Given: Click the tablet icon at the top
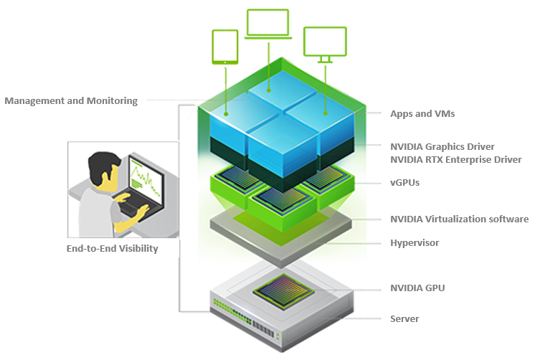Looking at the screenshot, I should [x=225, y=47].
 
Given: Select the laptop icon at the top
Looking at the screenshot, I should [x=267, y=24].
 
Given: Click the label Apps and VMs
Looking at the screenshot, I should [x=422, y=113].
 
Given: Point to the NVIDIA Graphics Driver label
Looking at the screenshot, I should [x=442, y=146].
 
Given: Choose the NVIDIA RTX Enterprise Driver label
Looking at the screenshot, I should [x=455, y=159].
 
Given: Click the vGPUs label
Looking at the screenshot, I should [x=404, y=183].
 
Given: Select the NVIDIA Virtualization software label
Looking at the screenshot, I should [x=459, y=219].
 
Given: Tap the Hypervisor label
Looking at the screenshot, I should [x=415, y=242].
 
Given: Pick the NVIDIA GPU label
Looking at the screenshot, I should [x=418, y=288].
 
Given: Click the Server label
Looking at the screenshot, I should [x=404, y=318].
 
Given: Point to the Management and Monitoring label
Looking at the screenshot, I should [x=70, y=100].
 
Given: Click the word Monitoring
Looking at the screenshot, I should [x=111, y=100].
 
